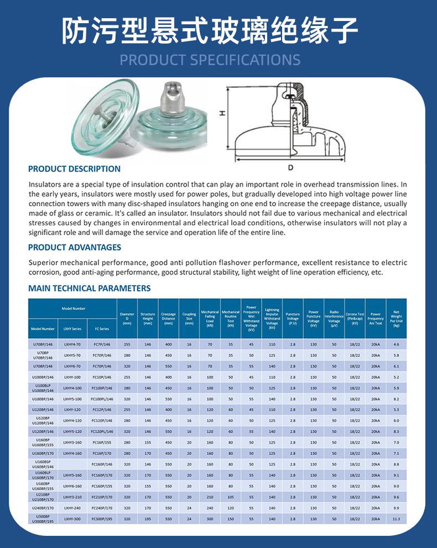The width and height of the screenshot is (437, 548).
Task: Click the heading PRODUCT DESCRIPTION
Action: point(74,169)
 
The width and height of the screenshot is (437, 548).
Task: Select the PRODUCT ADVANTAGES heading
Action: point(75,247)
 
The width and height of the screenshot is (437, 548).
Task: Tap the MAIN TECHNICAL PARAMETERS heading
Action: point(89,288)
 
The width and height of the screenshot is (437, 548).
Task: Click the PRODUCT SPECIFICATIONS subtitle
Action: point(210,60)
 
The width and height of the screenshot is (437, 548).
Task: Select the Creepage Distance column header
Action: point(168,318)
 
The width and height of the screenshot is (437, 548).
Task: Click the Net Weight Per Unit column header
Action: point(396,318)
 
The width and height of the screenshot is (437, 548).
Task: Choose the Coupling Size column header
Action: point(189,318)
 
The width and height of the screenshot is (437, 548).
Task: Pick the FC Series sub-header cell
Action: point(102,329)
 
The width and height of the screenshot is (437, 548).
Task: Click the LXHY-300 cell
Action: point(72,519)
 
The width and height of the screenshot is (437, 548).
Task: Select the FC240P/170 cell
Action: point(102,508)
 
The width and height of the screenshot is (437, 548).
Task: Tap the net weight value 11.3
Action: point(396,519)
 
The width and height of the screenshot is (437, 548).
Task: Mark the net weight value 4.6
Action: point(396,345)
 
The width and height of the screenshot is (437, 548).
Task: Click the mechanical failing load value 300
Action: point(210,519)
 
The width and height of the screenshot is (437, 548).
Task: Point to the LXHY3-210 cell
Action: point(72,497)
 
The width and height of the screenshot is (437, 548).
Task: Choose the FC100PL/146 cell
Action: point(102,399)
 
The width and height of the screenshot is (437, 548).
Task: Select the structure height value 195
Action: point(148,519)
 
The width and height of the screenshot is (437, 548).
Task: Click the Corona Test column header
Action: point(355,318)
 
